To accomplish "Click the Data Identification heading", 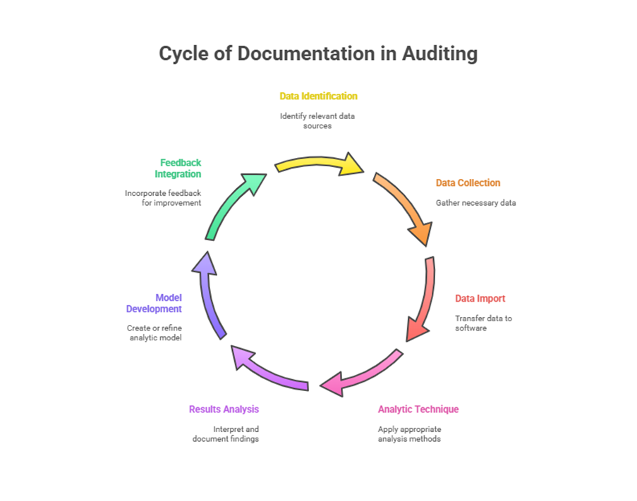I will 318,96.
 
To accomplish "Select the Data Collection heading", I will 468,183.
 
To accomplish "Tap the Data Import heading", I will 480,299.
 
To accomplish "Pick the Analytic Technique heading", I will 418,409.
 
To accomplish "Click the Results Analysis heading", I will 224,409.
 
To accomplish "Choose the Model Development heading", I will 154,303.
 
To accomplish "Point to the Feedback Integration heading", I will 179,168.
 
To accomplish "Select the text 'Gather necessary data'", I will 475,203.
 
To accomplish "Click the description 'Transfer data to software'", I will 483,323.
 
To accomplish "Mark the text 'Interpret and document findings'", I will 226,433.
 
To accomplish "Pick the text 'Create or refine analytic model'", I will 154,333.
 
